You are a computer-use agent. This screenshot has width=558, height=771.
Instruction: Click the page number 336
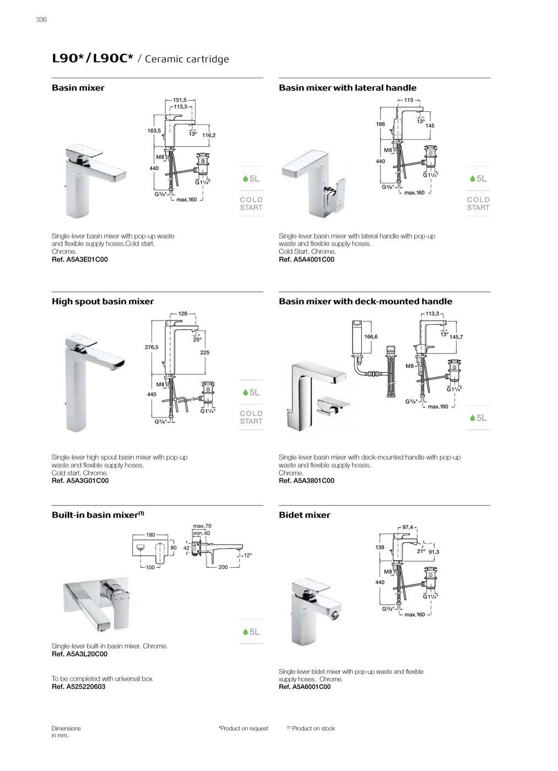(x=41, y=20)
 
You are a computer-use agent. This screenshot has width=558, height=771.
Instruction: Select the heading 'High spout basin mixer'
(x=103, y=301)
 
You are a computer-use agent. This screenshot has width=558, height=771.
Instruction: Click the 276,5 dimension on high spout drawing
(x=151, y=348)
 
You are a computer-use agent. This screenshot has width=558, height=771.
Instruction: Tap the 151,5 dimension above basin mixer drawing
(x=180, y=100)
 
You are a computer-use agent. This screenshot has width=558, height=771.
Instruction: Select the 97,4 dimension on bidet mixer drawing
(x=408, y=527)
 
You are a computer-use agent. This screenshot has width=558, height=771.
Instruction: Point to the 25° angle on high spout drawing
(x=197, y=340)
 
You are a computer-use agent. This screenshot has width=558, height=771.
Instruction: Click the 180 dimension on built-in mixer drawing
(x=150, y=535)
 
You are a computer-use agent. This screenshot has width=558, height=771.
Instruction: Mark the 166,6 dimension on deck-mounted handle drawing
(x=371, y=336)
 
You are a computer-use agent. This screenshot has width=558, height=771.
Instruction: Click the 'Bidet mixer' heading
(x=305, y=515)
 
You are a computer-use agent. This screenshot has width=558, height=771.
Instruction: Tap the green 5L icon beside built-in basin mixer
(x=251, y=632)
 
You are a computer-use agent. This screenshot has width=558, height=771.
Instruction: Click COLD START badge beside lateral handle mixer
(x=478, y=204)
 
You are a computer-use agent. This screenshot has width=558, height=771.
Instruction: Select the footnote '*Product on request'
(x=243, y=729)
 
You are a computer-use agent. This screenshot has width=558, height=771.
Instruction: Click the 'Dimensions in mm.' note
(x=66, y=732)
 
